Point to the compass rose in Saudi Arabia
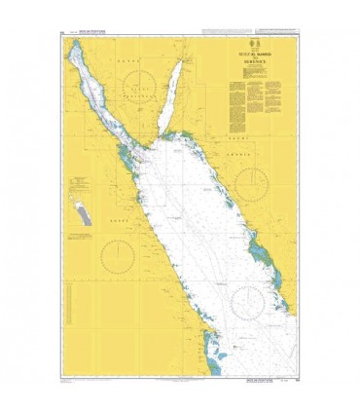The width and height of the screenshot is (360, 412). coord(251,183)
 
